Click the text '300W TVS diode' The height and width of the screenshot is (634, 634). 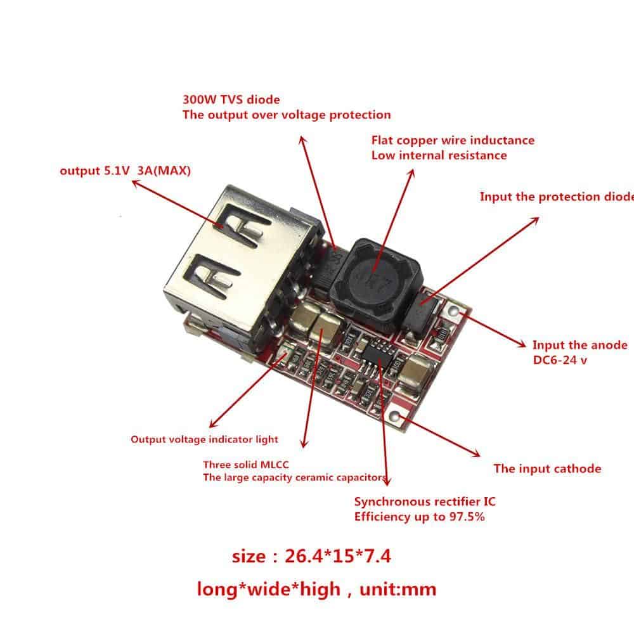pyautogui.click(x=231, y=100)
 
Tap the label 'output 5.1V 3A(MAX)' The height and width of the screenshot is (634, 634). pyautogui.click(x=125, y=171)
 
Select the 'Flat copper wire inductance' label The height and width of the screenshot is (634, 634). pyautogui.click(x=453, y=140)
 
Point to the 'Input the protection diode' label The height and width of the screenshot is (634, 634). pyautogui.click(x=557, y=197)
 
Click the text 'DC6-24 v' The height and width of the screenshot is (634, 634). pyautogui.click(x=560, y=360)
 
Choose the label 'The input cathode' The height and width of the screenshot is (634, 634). pyautogui.click(x=547, y=469)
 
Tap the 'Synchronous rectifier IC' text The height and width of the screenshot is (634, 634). pyautogui.click(x=425, y=501)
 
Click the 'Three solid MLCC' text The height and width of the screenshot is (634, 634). pyautogui.click(x=246, y=465)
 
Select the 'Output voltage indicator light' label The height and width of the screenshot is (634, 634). pyautogui.click(x=204, y=439)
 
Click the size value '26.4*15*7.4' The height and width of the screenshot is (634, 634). pyautogui.click(x=338, y=556)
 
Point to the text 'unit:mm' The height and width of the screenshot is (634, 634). pyautogui.click(x=398, y=589)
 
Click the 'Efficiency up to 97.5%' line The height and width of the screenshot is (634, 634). pyautogui.click(x=419, y=517)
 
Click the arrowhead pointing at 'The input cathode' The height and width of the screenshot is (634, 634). pyautogui.click(x=476, y=454)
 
